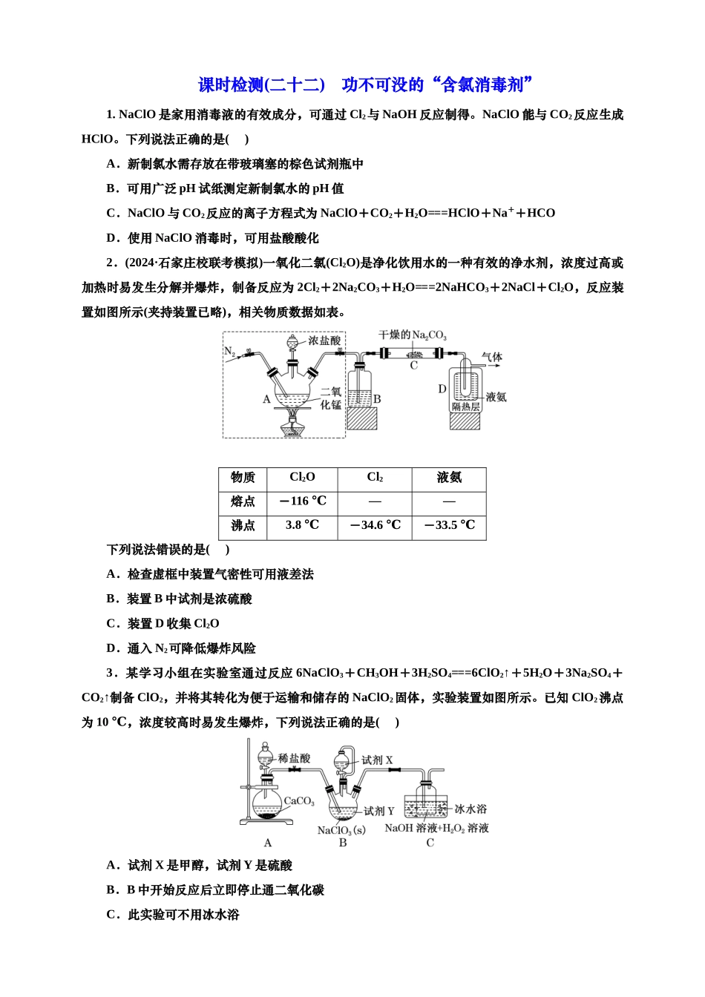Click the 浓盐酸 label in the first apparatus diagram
324,340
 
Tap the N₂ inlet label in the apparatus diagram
229,352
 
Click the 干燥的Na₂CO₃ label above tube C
413,335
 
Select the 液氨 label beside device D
496,398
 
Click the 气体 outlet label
491,358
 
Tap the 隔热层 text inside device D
465,407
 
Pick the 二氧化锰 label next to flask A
331,398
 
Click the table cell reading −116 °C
303,501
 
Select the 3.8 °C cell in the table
302,525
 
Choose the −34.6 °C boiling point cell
375,525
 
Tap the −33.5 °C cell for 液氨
449,525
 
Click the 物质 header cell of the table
243,478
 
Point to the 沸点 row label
243,525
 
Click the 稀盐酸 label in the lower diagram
294,758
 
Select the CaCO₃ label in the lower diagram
299,801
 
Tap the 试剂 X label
377,760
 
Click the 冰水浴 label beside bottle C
470,809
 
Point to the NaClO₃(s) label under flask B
341,830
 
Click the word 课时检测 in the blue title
231,85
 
